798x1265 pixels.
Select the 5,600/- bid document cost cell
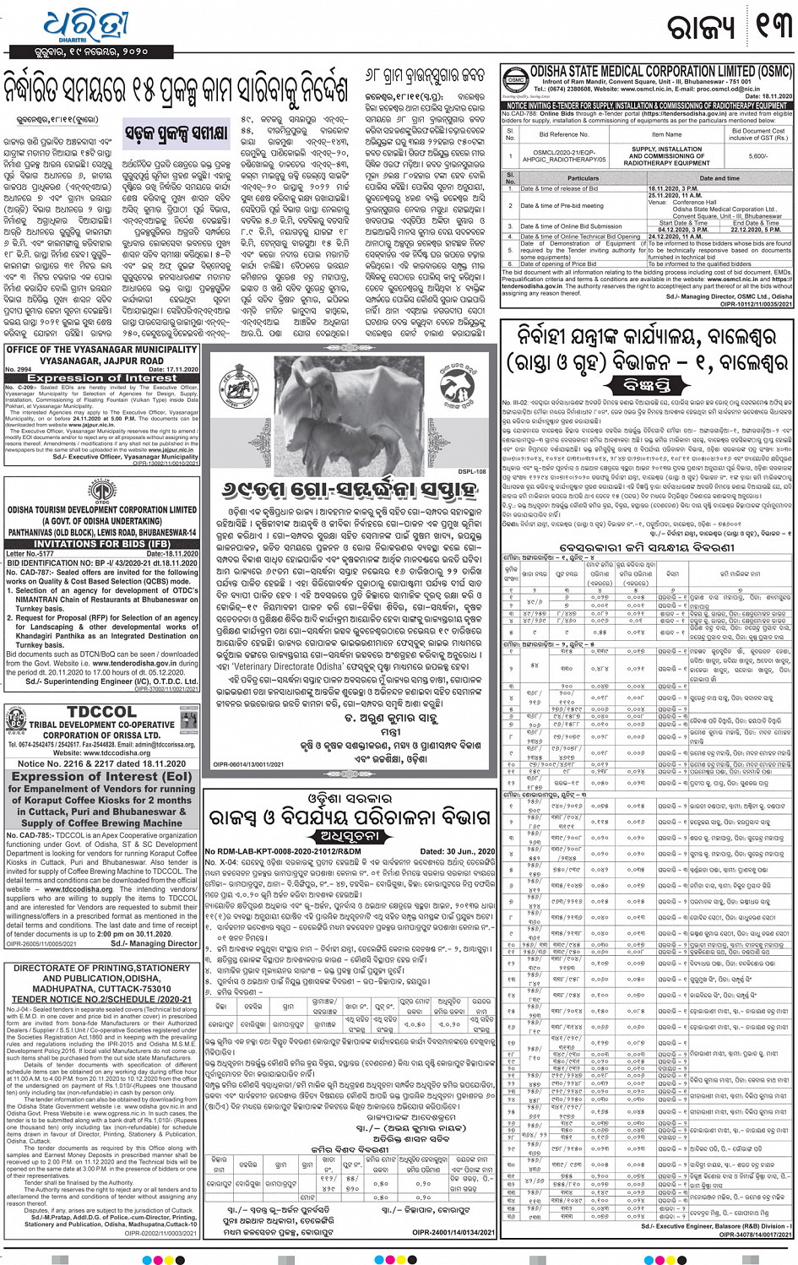click(757, 156)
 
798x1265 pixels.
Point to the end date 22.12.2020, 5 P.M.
click(757, 229)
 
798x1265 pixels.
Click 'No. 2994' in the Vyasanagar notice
click(18, 369)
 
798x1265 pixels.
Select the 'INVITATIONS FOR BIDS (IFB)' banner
click(101, 543)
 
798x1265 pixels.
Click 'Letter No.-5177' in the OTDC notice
click(32, 554)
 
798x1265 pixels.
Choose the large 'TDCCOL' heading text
click(101, 712)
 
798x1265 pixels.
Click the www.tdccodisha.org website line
click(101, 752)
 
